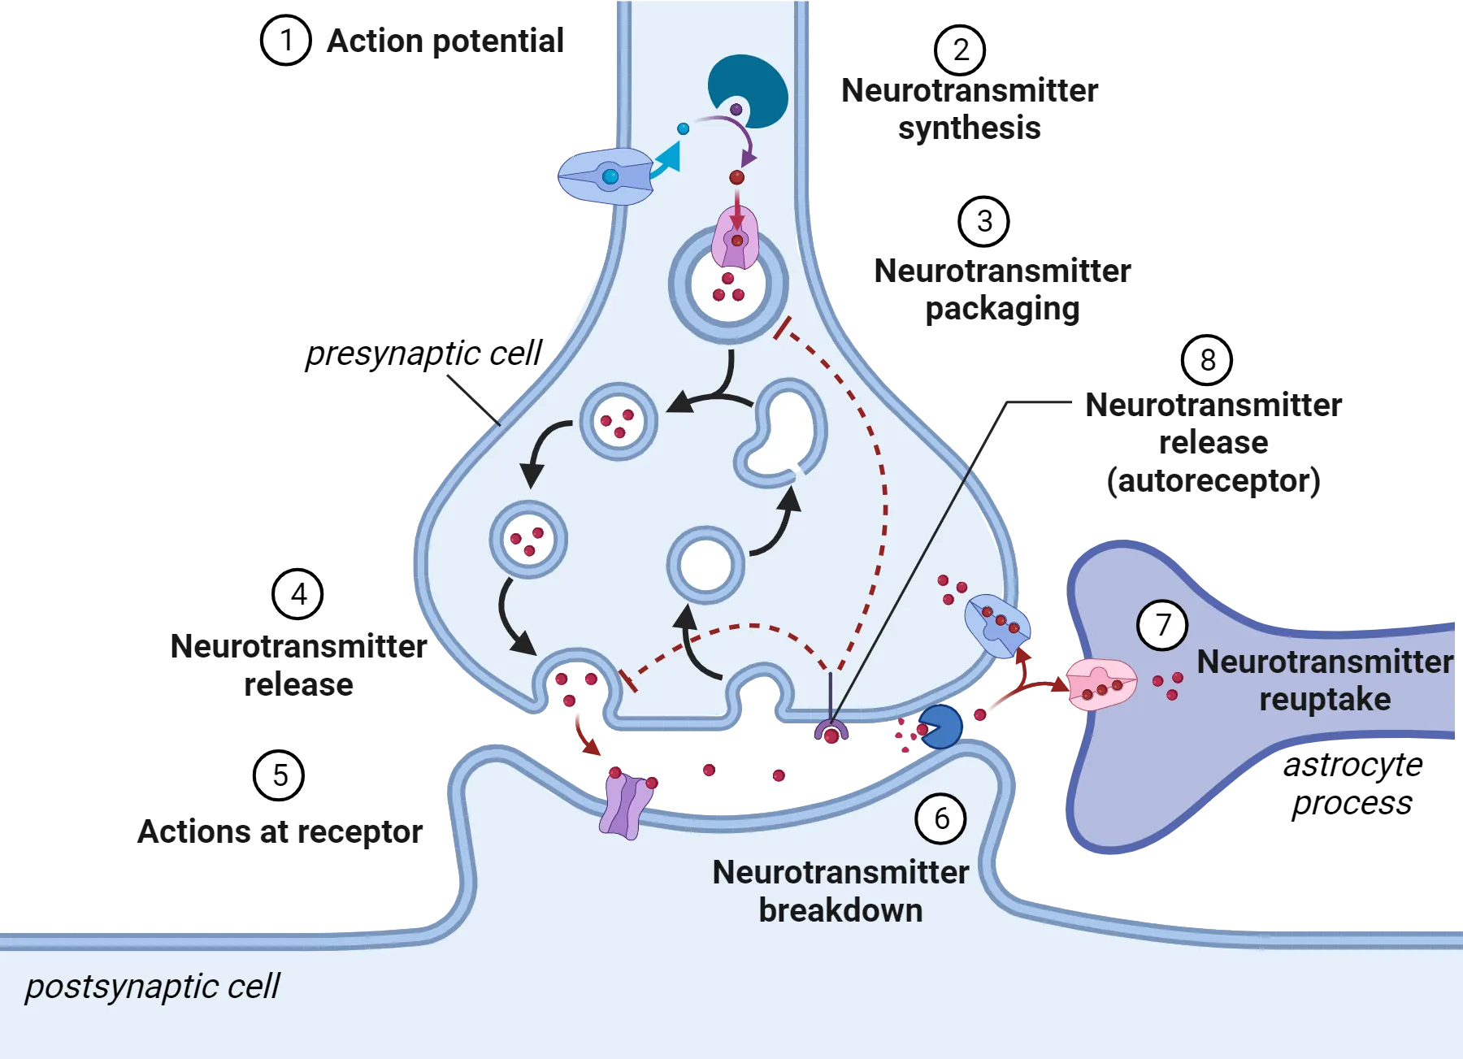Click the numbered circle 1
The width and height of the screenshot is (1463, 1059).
coord(286,40)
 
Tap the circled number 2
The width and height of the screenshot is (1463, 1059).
coord(960,50)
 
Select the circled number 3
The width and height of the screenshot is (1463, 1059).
coord(983,221)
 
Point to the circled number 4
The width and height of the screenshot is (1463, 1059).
coord(298,594)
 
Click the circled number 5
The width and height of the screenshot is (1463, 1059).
coord(280,775)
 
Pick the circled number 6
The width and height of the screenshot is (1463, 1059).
coord(940,818)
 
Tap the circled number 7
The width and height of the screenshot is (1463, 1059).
coord(1162,625)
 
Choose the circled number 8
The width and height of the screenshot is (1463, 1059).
coord(1207,360)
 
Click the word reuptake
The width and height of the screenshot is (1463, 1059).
coord(1325,700)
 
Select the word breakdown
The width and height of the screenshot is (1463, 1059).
coord(840,911)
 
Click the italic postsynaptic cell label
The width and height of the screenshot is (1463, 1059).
coord(152,987)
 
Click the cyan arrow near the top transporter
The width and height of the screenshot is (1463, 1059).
coord(668,157)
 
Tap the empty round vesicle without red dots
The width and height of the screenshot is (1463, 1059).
coord(705,565)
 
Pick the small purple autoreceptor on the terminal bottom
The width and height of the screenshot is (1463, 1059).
coord(831,732)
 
